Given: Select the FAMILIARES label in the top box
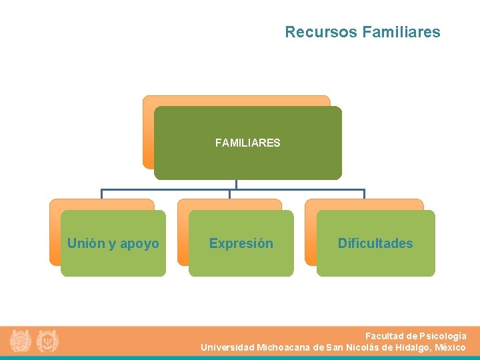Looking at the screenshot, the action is pos(247,143).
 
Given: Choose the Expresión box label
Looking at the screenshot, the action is pos(241,243).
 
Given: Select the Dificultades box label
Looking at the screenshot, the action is pos(375,243).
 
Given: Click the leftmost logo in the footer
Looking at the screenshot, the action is pos(21,341).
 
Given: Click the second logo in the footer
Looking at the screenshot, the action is pos(47,341).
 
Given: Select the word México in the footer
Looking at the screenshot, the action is pos(450,347).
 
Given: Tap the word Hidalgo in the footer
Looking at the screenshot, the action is pos(411,347).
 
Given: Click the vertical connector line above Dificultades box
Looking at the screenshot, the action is pos(364,194).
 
